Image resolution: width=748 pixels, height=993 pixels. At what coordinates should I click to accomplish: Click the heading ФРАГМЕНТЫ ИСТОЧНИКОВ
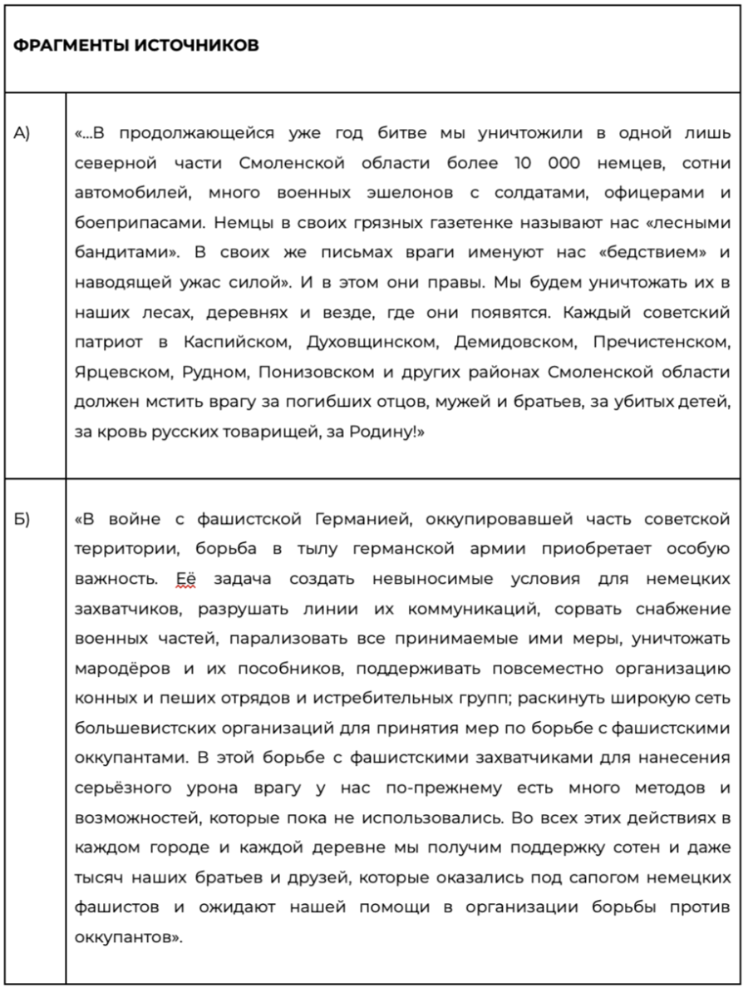pyautogui.click(x=135, y=46)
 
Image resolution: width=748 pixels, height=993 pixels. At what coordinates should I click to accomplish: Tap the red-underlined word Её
pyautogui.click(x=185, y=580)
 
